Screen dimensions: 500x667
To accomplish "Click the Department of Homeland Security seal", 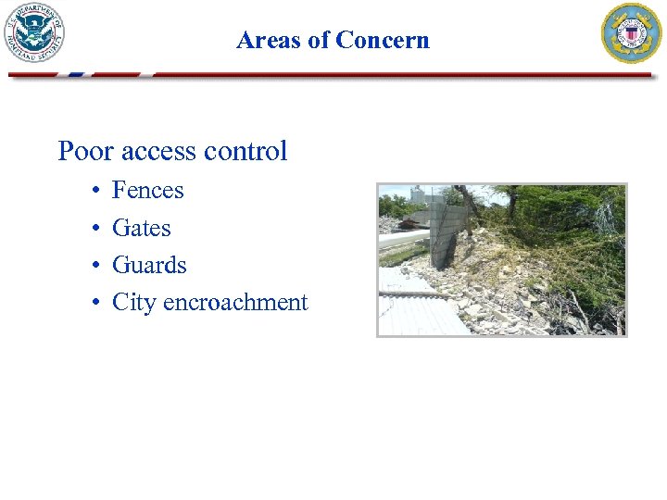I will pos(36,32).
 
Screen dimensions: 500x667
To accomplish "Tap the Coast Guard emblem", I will pos(632,32).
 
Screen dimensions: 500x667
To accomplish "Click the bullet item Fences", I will pos(147,191).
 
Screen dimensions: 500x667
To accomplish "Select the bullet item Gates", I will pos(141,228).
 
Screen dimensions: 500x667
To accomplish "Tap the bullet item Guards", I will pos(149,266).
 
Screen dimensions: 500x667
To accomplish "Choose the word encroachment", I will pos(235,303).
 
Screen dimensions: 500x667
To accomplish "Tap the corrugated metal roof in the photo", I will pos(417,310).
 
